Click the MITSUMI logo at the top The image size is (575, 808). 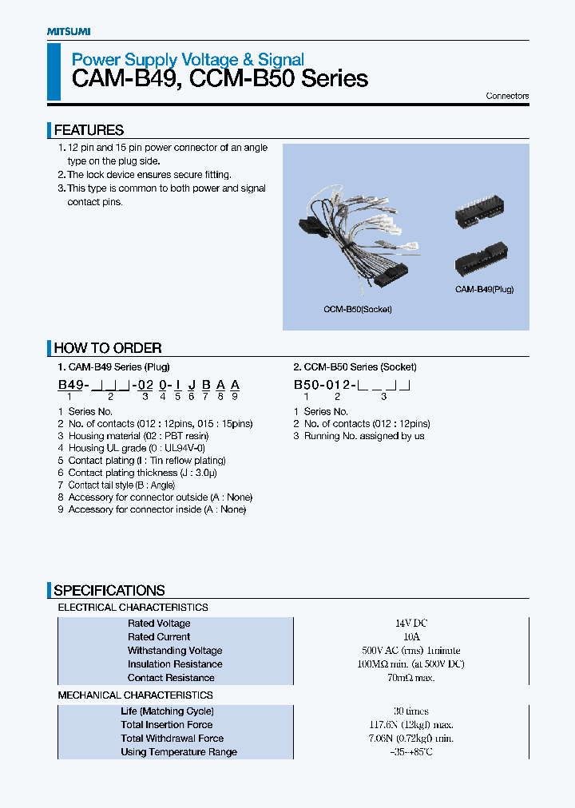click(x=68, y=31)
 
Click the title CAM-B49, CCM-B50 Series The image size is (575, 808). click(x=220, y=79)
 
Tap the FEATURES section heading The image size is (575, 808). click(x=89, y=130)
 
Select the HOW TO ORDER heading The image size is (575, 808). click(x=108, y=348)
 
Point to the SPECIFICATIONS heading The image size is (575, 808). click(x=109, y=591)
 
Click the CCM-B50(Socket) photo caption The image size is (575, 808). click(x=358, y=309)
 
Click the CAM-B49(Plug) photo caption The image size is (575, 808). click(x=484, y=289)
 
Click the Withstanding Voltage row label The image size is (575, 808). click(x=175, y=651)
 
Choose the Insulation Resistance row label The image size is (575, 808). click(x=175, y=664)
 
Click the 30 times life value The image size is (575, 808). click(x=410, y=711)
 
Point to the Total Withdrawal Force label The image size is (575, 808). click(x=172, y=739)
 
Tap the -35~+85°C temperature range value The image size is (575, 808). click(x=410, y=752)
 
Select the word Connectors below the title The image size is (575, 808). click(x=507, y=96)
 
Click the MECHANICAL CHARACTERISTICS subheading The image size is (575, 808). click(x=135, y=695)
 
